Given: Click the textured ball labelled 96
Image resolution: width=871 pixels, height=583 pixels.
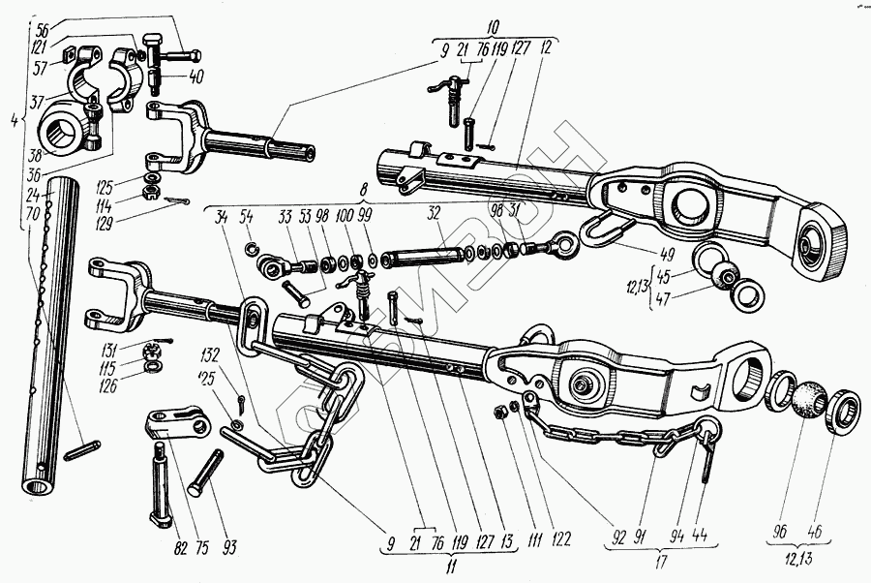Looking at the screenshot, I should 805,399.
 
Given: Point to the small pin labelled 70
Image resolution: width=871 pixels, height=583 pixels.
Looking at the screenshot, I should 83,451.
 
